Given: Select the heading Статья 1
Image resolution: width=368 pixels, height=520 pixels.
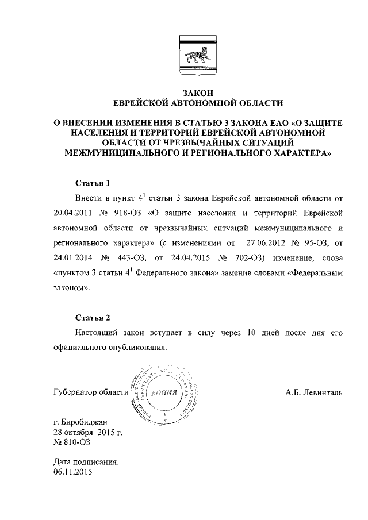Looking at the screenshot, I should [x=93, y=184].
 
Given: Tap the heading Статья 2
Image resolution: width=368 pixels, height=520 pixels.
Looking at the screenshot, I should [x=93, y=318].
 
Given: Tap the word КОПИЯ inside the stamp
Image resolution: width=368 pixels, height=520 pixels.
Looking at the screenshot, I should [x=167, y=394].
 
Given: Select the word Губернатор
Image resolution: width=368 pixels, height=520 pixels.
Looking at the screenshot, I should [x=75, y=393].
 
